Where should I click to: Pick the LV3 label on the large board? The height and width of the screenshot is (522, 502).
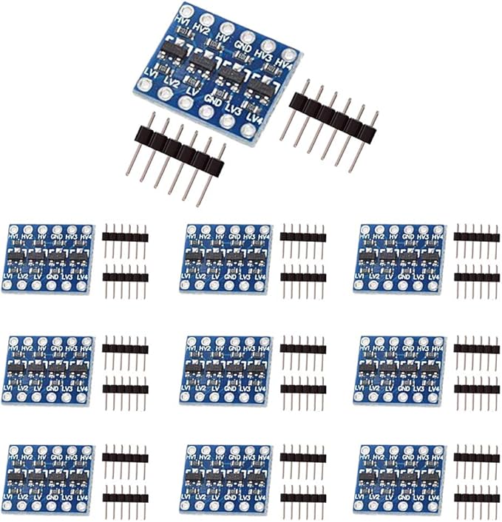click(234, 108)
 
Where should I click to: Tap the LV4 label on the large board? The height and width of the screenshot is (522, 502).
click(255, 117)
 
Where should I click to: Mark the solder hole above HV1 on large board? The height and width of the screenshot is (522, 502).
click(185, 10)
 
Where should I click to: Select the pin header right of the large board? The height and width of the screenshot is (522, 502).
click(330, 124)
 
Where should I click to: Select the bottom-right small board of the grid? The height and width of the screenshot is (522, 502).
click(400, 478)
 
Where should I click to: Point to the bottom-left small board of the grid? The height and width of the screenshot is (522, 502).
click(48, 478)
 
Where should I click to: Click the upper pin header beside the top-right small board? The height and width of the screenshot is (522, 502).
click(476, 237)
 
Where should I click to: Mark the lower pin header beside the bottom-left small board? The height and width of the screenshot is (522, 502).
click(125, 498)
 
